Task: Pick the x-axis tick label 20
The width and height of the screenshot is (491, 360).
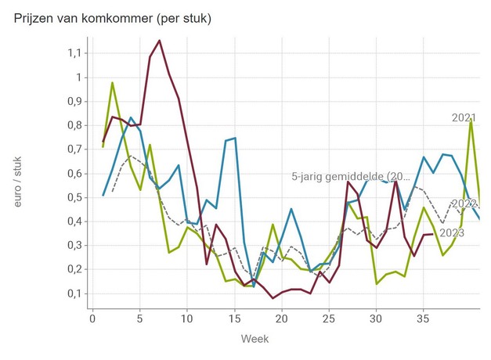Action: point(282,319)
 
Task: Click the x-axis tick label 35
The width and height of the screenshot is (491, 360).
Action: point(424,319)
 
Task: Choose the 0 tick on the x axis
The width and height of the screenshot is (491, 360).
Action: point(92,319)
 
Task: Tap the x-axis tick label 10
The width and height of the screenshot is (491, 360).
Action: point(187,319)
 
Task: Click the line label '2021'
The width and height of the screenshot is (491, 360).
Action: point(464,118)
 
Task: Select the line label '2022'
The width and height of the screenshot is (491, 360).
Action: point(464,204)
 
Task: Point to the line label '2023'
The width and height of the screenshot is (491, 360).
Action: point(452,232)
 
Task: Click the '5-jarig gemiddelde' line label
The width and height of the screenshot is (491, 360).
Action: point(349,176)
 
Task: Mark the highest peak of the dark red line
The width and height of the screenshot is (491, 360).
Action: point(159,40)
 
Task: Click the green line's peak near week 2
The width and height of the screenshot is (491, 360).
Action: point(112,82)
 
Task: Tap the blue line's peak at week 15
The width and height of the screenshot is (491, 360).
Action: point(234,138)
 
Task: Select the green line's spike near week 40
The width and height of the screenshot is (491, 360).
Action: point(471,119)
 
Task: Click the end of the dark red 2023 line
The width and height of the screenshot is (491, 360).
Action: point(432,234)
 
